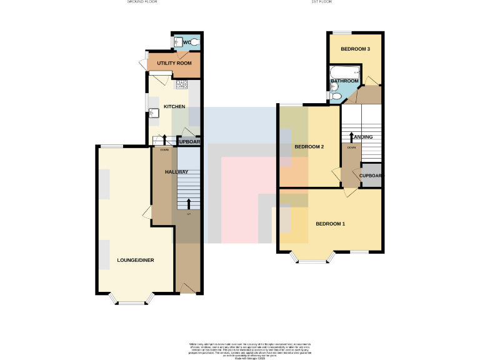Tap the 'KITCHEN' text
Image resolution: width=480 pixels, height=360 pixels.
coord(174,107)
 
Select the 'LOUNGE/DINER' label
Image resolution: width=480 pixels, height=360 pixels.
coord(136,260)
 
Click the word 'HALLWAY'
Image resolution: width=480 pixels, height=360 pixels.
coord(177,171)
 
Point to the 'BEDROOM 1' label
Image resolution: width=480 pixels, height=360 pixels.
coord(331,224)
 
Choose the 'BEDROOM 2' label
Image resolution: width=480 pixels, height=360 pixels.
coord(309,147)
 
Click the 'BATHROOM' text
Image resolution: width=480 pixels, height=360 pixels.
coord(344,81)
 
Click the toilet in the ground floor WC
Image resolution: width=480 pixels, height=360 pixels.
coord(194,42)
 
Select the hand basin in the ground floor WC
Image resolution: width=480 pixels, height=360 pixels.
coord(178,42)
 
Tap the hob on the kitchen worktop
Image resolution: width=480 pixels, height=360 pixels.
coord(182,84)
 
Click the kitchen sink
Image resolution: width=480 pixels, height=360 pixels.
coord(152,112)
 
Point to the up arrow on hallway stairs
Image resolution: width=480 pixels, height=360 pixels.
coord(189,203)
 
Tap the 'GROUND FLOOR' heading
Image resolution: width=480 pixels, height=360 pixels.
coord(142,2)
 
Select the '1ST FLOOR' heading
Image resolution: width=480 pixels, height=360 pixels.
coord(321,2)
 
